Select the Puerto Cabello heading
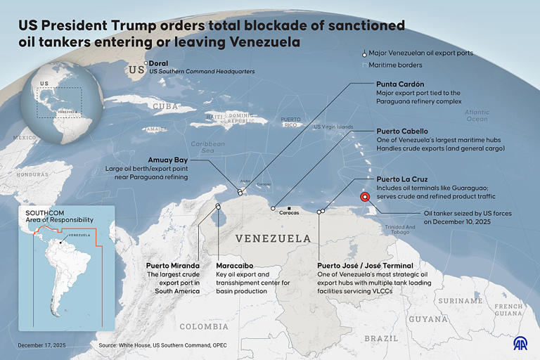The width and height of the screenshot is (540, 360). (402, 131)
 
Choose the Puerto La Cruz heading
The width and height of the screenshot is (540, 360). (402, 179)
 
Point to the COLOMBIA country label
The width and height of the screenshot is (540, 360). (204, 326)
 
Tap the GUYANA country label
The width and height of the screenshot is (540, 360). (428, 319)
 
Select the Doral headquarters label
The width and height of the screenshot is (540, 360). (158, 63)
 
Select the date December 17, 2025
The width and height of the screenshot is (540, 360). (41, 345)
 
